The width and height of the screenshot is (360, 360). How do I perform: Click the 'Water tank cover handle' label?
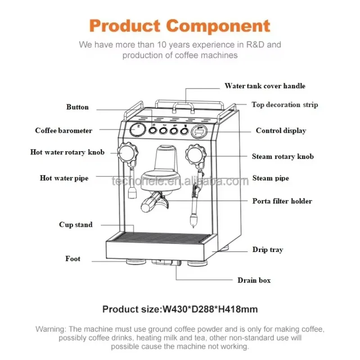click(x=265, y=86)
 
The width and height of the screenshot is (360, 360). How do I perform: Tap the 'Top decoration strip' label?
click(x=284, y=105)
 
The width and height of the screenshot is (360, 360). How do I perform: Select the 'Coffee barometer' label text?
click(x=63, y=130)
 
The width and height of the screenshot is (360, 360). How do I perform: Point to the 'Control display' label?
click(x=281, y=130)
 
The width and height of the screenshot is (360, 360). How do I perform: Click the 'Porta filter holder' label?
click(x=282, y=201)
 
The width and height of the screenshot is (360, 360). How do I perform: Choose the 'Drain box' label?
click(x=254, y=280)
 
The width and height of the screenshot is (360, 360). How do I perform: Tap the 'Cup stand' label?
click(x=76, y=225)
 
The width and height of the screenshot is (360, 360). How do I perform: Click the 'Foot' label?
click(x=72, y=259)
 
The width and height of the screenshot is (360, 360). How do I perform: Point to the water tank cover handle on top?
click(x=185, y=105)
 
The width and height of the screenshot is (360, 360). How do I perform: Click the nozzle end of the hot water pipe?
click(x=132, y=194)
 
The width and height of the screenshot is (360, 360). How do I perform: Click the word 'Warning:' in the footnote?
click(x=51, y=329)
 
